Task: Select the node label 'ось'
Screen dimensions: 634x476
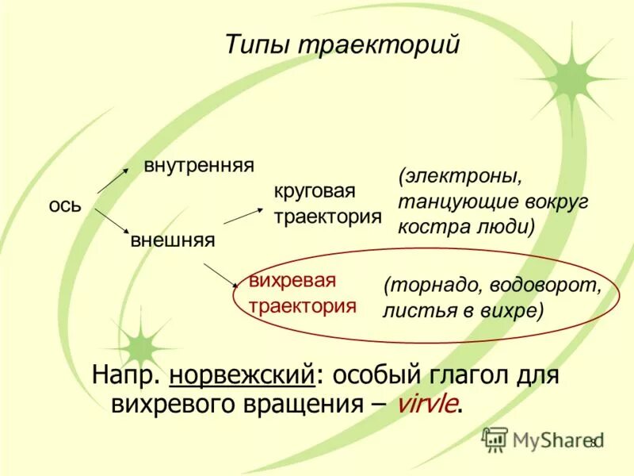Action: click(x=65, y=205)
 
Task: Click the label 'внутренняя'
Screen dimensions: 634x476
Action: click(x=198, y=166)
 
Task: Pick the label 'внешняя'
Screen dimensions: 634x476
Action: click(x=172, y=239)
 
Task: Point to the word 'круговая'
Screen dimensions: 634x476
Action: click(x=315, y=191)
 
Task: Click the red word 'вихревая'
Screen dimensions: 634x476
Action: click(x=292, y=281)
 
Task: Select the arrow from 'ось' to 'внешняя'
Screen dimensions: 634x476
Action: click(x=111, y=221)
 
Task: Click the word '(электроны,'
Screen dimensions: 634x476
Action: click(x=461, y=175)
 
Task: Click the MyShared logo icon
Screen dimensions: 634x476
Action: click(x=495, y=439)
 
